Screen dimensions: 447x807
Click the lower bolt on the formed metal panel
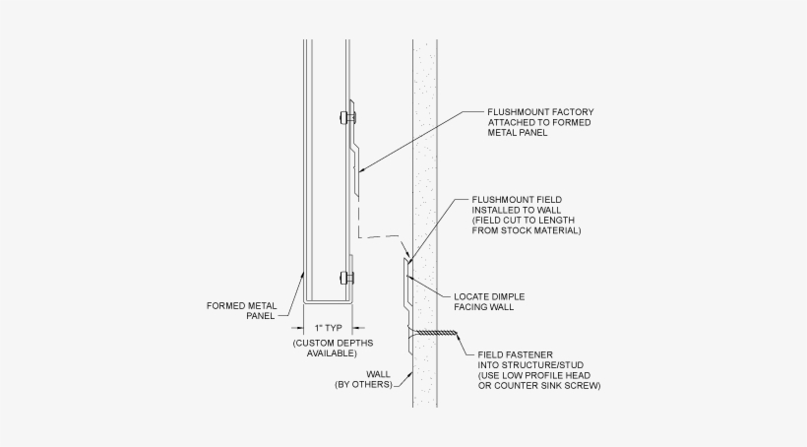coord(345,277)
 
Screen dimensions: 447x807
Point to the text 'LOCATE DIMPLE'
coord(488,296)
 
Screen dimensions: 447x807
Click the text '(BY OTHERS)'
coord(364,385)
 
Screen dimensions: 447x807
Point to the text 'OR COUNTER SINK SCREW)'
coord(539,385)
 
